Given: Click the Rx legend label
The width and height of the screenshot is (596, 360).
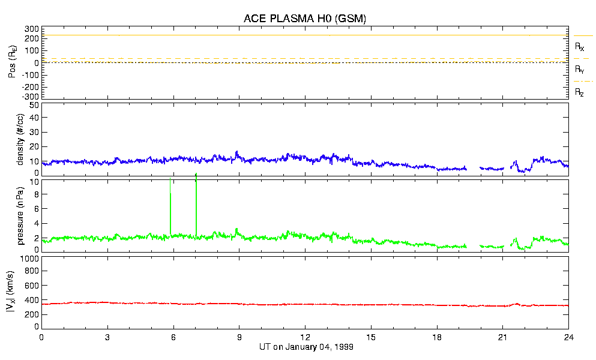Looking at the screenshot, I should pos(579,46).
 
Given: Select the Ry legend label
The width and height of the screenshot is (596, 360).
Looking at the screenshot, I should pos(579,70).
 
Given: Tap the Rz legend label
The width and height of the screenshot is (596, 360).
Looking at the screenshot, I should pos(579,92).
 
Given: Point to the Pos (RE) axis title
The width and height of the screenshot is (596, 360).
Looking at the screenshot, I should pos(12,62).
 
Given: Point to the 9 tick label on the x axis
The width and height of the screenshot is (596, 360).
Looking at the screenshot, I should pos(239,337).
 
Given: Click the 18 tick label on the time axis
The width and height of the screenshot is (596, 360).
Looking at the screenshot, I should pos(438,337).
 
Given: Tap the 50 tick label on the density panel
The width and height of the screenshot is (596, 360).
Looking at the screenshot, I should pos(34,105).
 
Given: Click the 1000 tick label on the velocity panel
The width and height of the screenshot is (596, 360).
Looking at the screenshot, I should pos(30,259).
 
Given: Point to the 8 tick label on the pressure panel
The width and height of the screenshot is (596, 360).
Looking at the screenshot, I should pos(36,194).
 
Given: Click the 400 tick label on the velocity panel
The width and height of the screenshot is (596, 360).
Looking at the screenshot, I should pos(32,300).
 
